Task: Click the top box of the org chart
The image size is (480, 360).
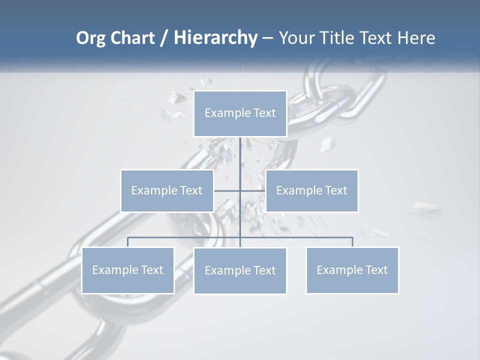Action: click(x=240, y=113)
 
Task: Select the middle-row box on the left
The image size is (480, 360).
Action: click(x=167, y=190)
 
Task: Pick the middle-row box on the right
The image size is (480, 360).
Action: click(x=311, y=190)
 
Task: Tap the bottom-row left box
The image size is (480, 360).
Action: click(x=128, y=270)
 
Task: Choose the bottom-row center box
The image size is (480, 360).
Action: click(x=240, y=270)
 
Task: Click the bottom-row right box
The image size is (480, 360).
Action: click(x=352, y=270)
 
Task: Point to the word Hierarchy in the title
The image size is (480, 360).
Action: click(x=215, y=38)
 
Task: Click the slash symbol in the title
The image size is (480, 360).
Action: click(x=163, y=38)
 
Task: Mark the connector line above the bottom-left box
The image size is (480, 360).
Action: click(x=128, y=242)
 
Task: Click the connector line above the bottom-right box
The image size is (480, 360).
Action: click(x=352, y=242)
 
